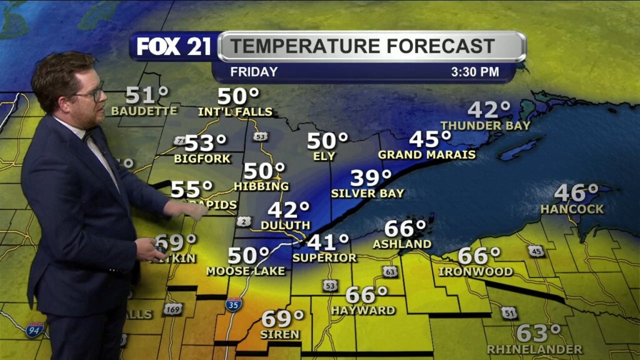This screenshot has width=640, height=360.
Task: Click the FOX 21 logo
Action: coord(174,46)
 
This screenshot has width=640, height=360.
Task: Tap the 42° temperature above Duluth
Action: coord(288,210)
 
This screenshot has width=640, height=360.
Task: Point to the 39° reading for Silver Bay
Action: coord(371,178)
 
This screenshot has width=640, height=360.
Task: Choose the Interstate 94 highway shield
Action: coord(34,329)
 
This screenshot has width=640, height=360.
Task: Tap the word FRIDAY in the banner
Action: coord(254,72)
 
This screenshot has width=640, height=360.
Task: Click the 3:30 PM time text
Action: coord(475,72)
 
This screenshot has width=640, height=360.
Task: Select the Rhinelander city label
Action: coord(534,349)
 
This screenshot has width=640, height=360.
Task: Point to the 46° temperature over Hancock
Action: coord(576,192)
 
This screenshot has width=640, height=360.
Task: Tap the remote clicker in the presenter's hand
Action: coord(160,248)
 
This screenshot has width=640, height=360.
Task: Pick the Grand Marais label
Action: coord(427,154)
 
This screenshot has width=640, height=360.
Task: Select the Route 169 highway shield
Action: coord(172,309)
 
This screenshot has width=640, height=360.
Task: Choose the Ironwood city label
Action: coord(476,272)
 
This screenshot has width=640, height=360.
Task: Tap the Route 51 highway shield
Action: coord(509,312)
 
